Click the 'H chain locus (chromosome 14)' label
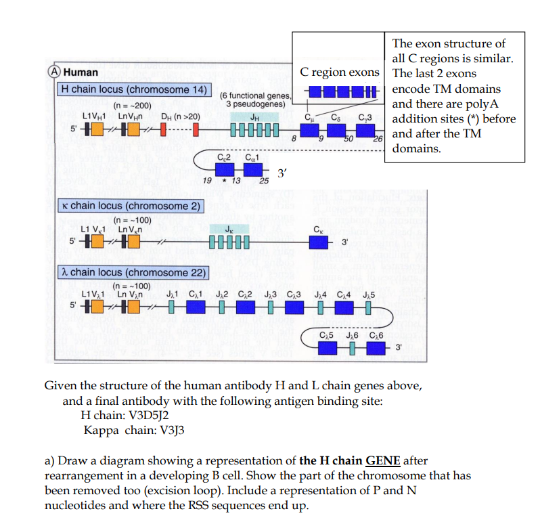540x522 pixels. tap(135, 89)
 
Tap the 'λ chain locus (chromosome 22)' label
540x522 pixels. tap(133, 272)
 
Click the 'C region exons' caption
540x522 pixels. tap(340, 72)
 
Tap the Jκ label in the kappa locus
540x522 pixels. tap(230, 227)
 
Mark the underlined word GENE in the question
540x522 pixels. tap(383, 461)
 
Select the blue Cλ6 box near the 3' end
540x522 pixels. tap(376, 347)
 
